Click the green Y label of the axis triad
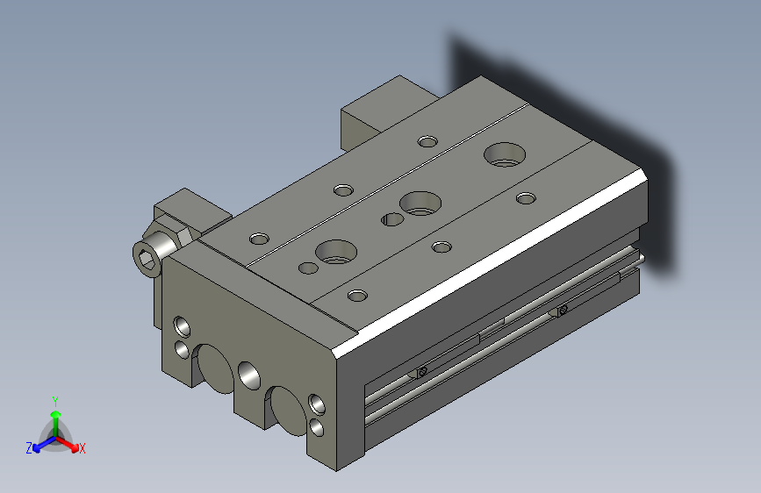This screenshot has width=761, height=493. coord(55,401)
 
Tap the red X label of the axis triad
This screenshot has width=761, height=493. coord(82,448)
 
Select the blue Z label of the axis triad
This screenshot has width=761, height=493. coord(29,448)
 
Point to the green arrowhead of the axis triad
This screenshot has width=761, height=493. coord(56,414)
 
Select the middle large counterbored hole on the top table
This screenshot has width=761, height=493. coord(420,203)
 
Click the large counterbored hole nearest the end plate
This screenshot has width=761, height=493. coord(336,252)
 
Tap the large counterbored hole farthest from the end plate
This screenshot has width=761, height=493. coord(505,154)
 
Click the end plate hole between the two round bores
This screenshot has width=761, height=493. coord(249,375)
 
